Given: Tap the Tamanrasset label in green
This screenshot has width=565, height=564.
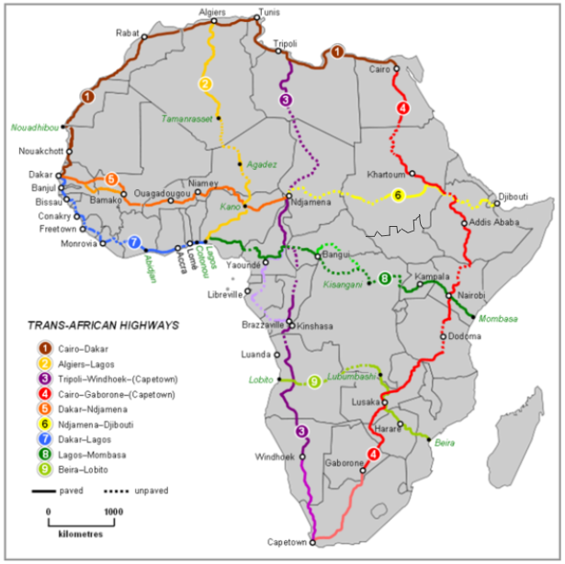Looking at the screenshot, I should coord(187,119).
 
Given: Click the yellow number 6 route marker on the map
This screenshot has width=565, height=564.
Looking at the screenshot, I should coord(398,196).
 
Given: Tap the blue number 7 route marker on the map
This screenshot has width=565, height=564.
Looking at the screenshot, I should coord(135,243).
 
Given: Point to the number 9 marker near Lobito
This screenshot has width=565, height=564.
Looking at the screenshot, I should coord(314,381).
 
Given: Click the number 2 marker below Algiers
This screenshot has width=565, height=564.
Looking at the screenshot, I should coord(206,84).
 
